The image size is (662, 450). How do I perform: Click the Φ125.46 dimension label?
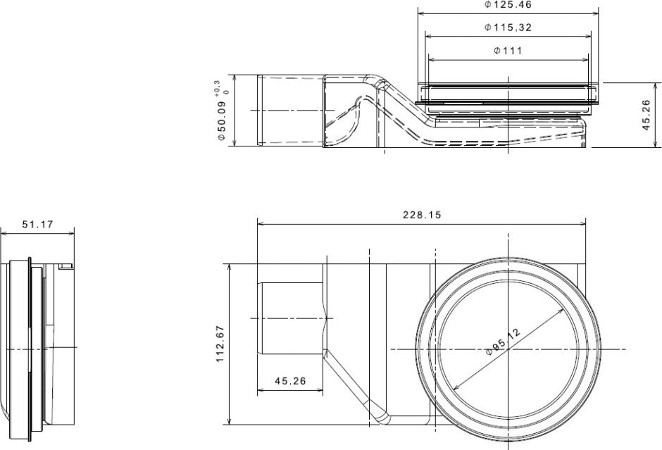[x=508, y=5]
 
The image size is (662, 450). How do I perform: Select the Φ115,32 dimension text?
[x=508, y=28]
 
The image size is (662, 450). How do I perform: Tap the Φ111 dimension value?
[x=508, y=51]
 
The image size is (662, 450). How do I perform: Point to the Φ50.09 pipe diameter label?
[x=222, y=120]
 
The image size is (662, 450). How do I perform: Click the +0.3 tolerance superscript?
[x=217, y=87]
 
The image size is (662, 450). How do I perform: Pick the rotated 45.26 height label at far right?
[x=646, y=115]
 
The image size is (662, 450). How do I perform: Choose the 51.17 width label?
[x=38, y=224]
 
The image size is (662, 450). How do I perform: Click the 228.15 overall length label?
[x=422, y=215]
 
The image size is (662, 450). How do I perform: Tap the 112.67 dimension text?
[x=220, y=344]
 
